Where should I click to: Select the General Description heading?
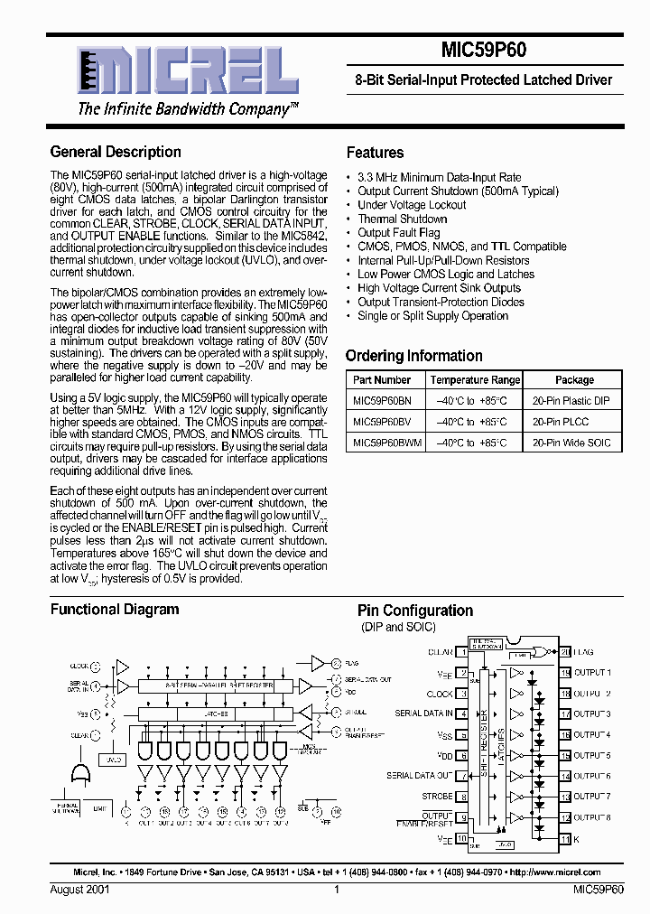116,152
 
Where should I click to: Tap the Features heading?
375,153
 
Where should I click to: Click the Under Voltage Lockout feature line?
412,205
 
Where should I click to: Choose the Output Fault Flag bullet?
398,233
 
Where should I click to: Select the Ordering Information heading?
414,356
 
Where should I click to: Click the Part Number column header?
382,380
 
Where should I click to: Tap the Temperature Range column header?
475,380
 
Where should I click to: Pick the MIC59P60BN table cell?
382,400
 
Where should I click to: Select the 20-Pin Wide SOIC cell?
571,443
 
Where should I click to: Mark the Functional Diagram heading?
115,610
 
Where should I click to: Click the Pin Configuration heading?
415,611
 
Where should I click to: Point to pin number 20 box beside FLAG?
565,651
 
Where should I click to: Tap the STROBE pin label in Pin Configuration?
437,797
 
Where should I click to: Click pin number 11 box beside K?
565,839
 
